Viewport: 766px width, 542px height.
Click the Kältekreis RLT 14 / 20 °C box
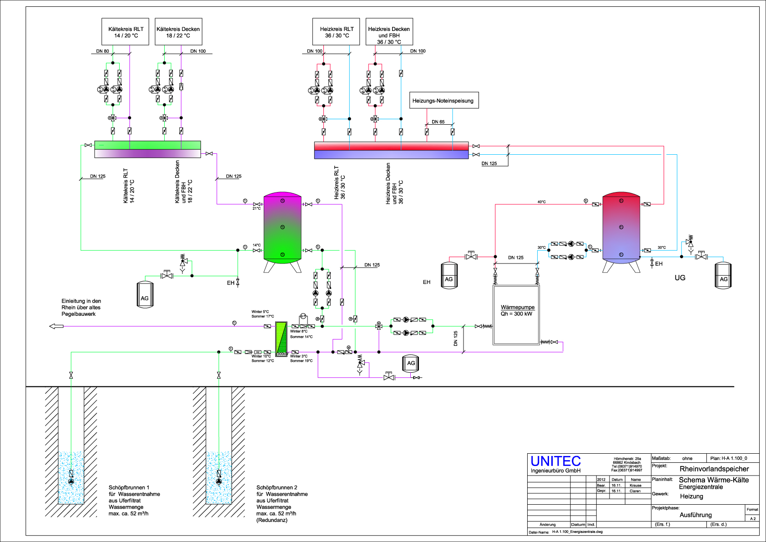click(x=126, y=32)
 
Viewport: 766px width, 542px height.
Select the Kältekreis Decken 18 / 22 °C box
click(x=178, y=32)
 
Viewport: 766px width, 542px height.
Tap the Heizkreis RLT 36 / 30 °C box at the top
click(x=336, y=32)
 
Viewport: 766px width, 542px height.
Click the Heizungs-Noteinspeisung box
click(x=443, y=101)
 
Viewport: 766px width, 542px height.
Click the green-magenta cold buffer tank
click(x=282, y=228)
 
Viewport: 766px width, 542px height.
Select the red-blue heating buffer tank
click(x=621, y=228)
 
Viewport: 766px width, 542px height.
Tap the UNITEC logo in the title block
click(x=555, y=461)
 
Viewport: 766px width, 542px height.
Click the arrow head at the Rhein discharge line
click(x=55, y=326)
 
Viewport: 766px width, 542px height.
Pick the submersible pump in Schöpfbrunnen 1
click(x=71, y=481)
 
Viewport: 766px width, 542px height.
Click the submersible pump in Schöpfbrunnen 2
click(x=219, y=481)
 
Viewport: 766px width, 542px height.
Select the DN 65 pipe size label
click(x=438, y=122)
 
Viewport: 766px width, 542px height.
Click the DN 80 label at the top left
click(x=102, y=51)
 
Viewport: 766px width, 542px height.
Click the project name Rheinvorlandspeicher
click(x=714, y=469)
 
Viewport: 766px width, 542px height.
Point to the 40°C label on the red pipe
click(x=541, y=202)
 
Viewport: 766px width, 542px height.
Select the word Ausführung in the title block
click(x=695, y=515)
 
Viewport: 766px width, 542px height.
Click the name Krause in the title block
click(x=635, y=485)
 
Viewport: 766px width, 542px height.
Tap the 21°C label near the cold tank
click(x=257, y=208)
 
